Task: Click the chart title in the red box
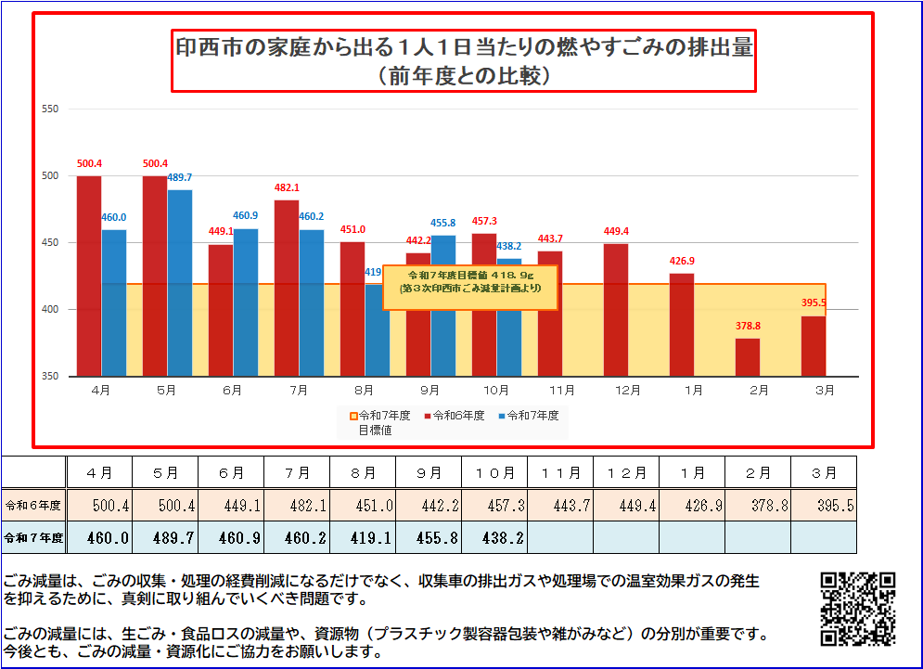pyautogui.click(x=465, y=59)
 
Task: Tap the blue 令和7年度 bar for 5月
pyautogui.click(x=180, y=283)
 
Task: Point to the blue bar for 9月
pyautogui.click(x=443, y=305)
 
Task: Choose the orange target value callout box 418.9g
pyautogui.click(x=469, y=288)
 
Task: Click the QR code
pyautogui.click(x=858, y=609)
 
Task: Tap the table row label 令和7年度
pyautogui.click(x=33, y=537)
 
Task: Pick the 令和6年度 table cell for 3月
pyautogui.click(x=824, y=506)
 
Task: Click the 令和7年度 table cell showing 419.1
pyautogui.click(x=363, y=537)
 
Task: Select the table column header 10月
pyautogui.click(x=495, y=473)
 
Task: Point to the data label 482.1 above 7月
pyautogui.click(x=287, y=188)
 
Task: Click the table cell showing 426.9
pyautogui.click(x=692, y=506)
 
